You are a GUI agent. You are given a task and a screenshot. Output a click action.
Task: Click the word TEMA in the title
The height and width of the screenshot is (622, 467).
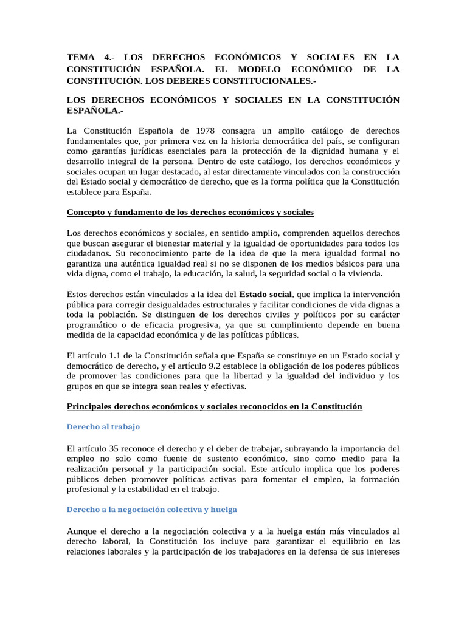pos(81,58)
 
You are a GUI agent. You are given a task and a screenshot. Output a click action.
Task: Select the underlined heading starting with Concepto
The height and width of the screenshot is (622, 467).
pos(190,213)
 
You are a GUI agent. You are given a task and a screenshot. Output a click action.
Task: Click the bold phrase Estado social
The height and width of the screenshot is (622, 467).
pos(266,294)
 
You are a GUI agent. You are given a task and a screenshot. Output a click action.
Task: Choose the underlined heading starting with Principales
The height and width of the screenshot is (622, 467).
pos(215,406)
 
